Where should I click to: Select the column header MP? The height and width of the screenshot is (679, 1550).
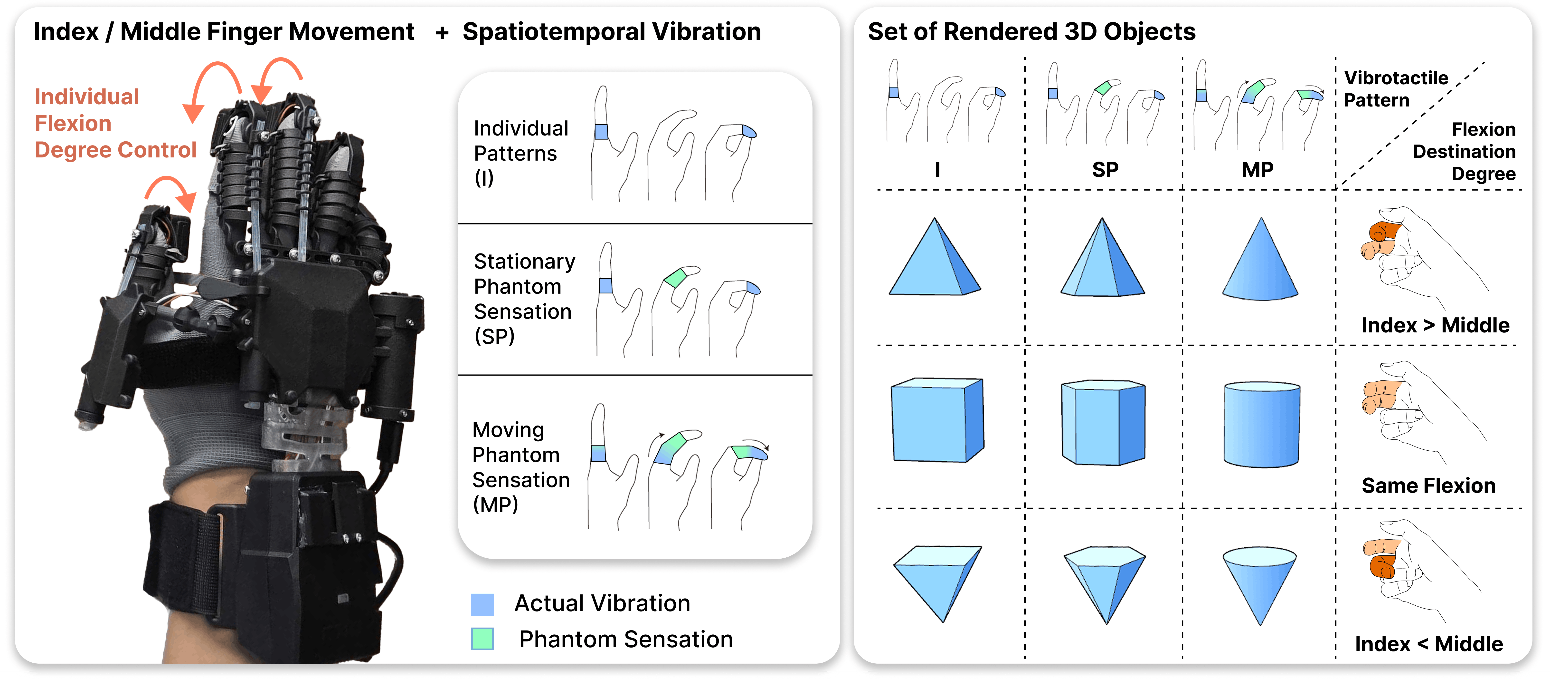click(1257, 170)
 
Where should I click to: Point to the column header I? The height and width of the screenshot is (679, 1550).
click(937, 170)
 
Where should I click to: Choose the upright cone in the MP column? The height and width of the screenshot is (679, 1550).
click(1260, 259)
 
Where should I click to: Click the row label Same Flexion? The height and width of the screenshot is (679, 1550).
click(1428, 485)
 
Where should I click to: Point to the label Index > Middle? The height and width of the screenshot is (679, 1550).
click(1435, 325)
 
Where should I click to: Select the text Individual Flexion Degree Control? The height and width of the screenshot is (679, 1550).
click(115, 123)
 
